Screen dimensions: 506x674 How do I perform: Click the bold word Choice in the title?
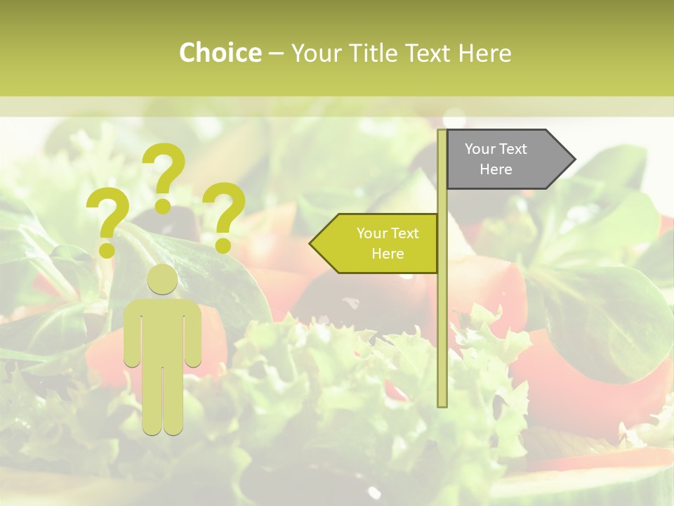(220, 53)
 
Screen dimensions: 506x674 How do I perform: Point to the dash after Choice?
(276, 53)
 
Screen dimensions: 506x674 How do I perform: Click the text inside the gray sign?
(496, 159)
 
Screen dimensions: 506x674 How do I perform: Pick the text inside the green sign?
(388, 243)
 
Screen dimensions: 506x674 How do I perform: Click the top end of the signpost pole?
(442, 133)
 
